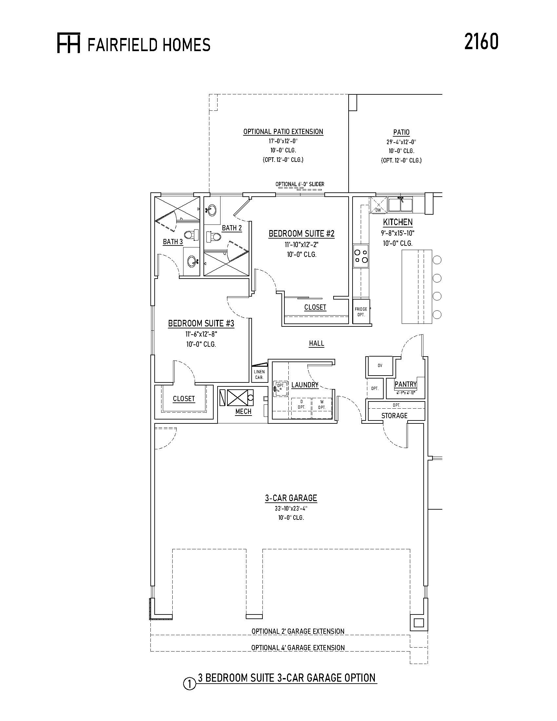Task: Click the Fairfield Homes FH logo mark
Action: click(68, 43)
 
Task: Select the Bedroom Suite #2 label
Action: click(301, 234)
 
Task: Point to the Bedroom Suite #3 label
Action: click(201, 323)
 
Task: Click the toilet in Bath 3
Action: click(191, 235)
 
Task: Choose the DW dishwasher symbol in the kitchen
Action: click(378, 205)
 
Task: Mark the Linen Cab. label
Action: click(259, 375)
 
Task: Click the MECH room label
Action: click(243, 412)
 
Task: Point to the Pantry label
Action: click(406, 384)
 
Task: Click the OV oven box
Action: click(380, 365)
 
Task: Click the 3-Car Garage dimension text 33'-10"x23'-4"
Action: click(291, 509)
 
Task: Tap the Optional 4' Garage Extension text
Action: click(298, 648)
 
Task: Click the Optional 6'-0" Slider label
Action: click(300, 184)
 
